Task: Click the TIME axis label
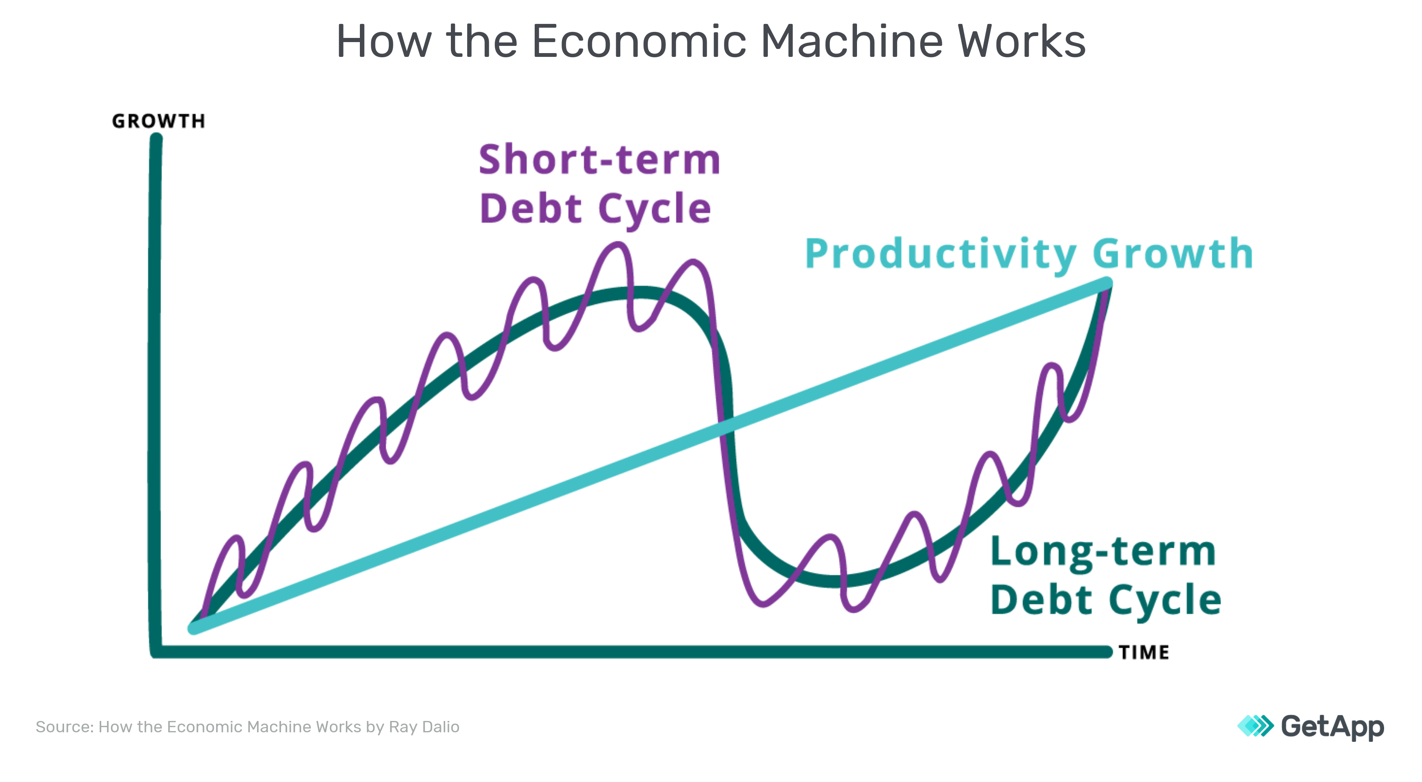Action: click(1144, 652)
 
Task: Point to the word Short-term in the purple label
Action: click(600, 160)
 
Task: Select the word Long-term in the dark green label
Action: click(1103, 552)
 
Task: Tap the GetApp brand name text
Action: click(1333, 727)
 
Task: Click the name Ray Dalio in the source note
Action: click(424, 727)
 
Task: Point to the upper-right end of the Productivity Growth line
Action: click(1107, 283)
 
